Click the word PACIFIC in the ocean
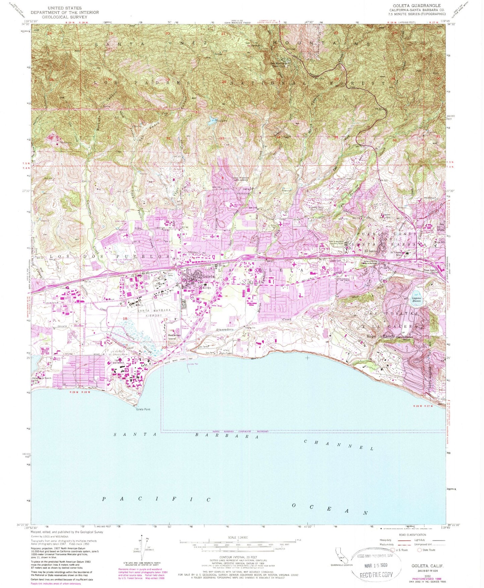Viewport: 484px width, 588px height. click(x=156, y=499)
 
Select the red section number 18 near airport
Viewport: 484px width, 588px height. click(x=126, y=318)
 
